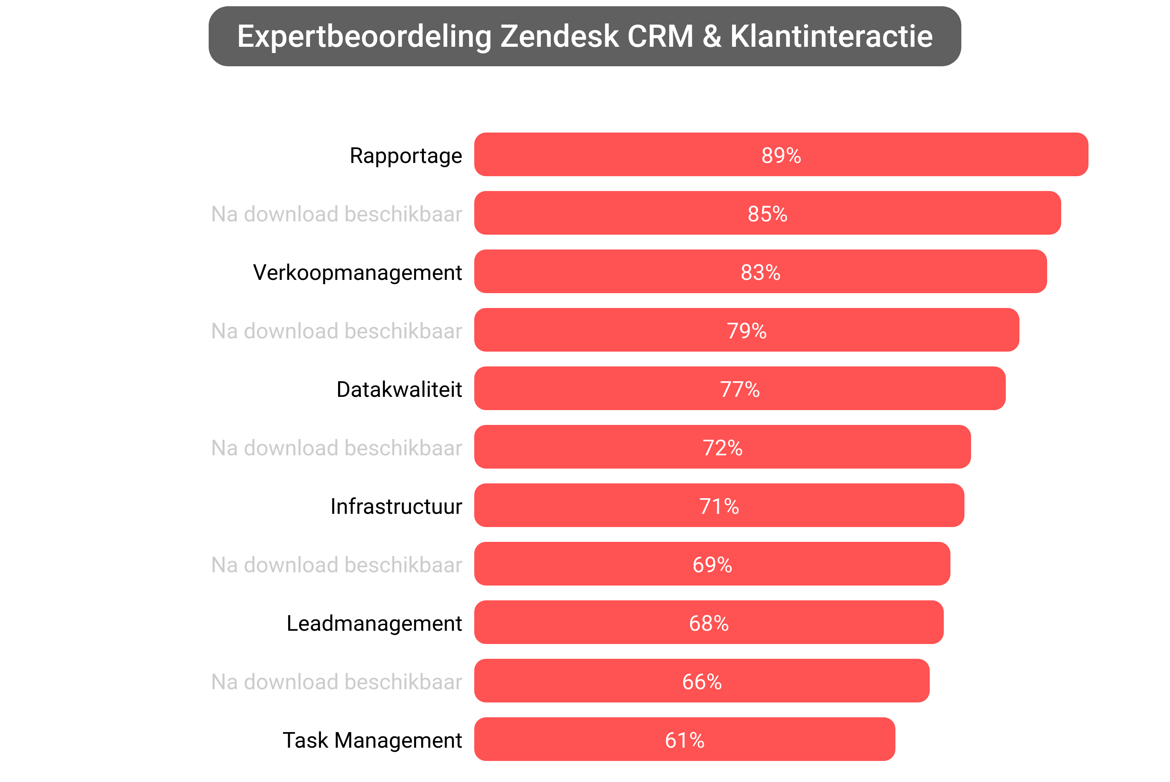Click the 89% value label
point(781,155)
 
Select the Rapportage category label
point(406,156)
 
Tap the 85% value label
point(768,214)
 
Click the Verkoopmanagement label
point(357,273)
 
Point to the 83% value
point(760,272)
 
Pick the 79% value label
point(746,331)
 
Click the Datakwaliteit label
point(399,389)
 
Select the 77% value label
point(739,389)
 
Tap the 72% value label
point(722,448)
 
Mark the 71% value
point(719,506)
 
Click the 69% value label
point(712,564)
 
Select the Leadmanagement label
point(374,623)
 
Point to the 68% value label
point(709,623)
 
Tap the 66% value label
point(702,682)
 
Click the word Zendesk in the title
point(559,36)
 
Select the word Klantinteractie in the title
point(831,36)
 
